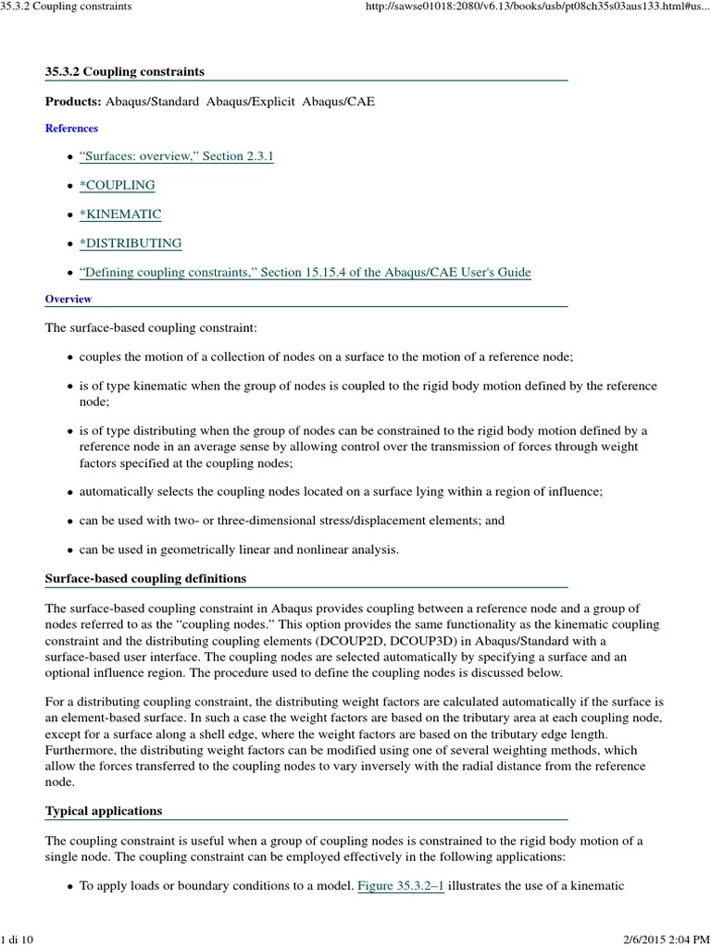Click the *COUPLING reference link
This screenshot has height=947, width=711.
117,185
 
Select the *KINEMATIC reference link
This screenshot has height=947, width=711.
120,214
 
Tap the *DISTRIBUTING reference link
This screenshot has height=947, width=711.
131,243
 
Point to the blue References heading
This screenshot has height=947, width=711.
71,129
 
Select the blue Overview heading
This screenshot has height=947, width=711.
69,299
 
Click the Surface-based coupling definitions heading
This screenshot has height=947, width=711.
145,578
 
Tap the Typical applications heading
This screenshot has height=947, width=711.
104,810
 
